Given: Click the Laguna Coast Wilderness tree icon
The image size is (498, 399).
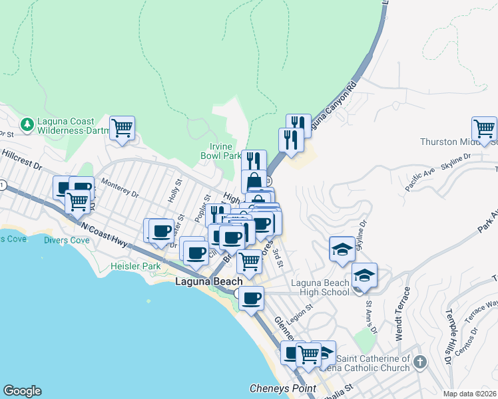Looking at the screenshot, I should (27, 124).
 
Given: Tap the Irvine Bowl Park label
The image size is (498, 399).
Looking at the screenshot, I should (220, 151).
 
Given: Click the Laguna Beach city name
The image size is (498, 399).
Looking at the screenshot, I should (208, 282).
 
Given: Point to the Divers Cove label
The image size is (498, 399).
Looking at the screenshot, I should (67, 240).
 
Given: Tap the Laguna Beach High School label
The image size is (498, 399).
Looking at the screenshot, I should (320, 287).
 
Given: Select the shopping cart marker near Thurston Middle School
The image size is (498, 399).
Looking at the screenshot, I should (484, 128).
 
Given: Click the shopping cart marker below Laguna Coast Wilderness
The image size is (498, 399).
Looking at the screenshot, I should (123, 128).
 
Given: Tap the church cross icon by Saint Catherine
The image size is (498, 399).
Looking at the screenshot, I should (419, 362).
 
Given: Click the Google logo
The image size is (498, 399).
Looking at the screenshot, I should (22, 391).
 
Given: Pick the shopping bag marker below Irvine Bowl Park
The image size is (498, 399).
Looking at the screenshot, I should (254, 181).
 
